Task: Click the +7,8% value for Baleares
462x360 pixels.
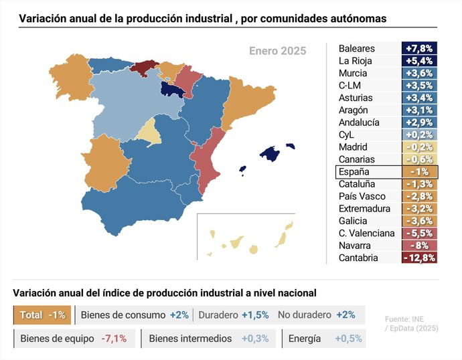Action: (419, 49)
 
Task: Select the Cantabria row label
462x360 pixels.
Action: (358, 258)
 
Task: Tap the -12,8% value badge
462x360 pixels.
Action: (419, 258)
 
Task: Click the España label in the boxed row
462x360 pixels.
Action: (354, 172)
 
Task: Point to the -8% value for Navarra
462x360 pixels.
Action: (419, 246)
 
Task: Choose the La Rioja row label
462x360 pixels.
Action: (356, 61)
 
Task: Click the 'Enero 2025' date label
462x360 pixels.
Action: (277, 51)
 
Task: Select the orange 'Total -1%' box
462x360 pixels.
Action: (42, 315)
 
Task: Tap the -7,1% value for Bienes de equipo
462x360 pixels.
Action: (114, 339)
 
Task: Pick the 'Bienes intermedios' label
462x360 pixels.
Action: (190, 339)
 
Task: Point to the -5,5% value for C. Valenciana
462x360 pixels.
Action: (419, 234)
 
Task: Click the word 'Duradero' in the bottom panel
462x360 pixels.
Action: (219, 315)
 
